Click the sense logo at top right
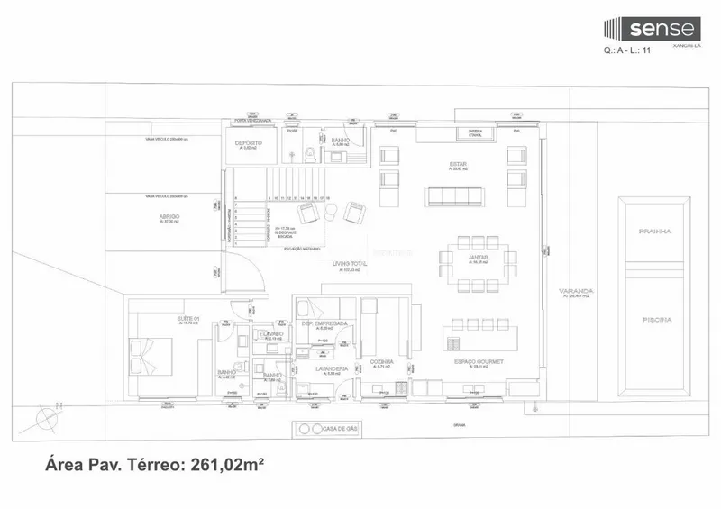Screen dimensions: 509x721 [650, 29]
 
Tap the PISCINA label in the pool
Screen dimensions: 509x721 [655, 319]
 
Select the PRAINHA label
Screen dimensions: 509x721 [655, 232]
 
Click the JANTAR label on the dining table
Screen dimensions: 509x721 [479, 258]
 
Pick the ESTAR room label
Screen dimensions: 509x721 [459, 165]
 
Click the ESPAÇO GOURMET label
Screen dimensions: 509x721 [479, 361]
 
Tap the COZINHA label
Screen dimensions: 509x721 [381, 361]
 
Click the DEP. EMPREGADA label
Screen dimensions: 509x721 [325, 323]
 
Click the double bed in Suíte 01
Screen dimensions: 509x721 [151, 355]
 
